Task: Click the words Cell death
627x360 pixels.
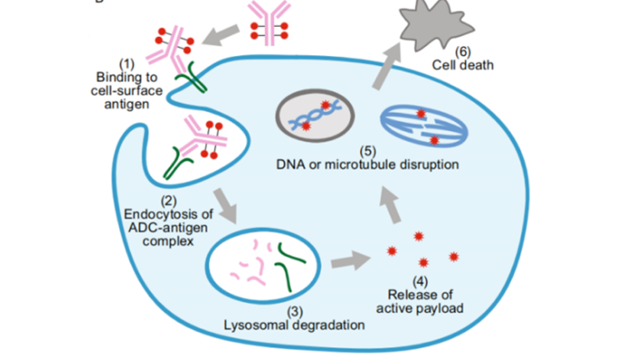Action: [463, 65]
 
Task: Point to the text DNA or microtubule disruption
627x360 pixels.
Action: [367, 164]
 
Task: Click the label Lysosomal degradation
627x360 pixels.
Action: [294, 325]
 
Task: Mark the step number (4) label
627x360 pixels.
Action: [420, 281]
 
